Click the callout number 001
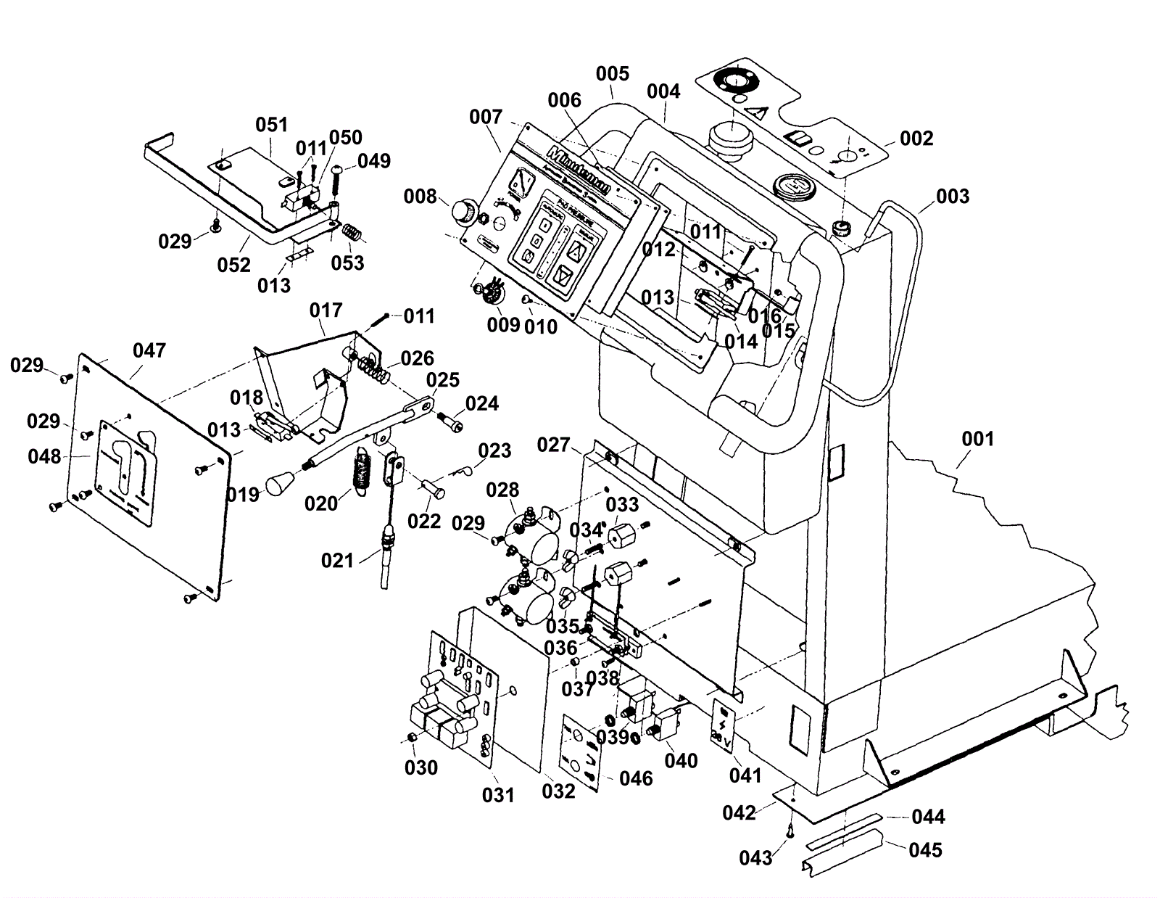pyautogui.click(x=977, y=439)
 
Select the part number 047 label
pyautogui.click(x=149, y=351)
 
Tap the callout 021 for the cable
pyautogui.click(x=337, y=560)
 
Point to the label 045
pyautogui.click(x=925, y=849)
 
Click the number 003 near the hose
pyautogui.click(x=952, y=196)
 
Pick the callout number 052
pyautogui.click(x=233, y=265)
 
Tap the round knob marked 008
pyautogui.click(x=461, y=211)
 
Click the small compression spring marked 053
pyautogui.click(x=351, y=234)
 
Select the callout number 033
pyautogui.click(x=622, y=504)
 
